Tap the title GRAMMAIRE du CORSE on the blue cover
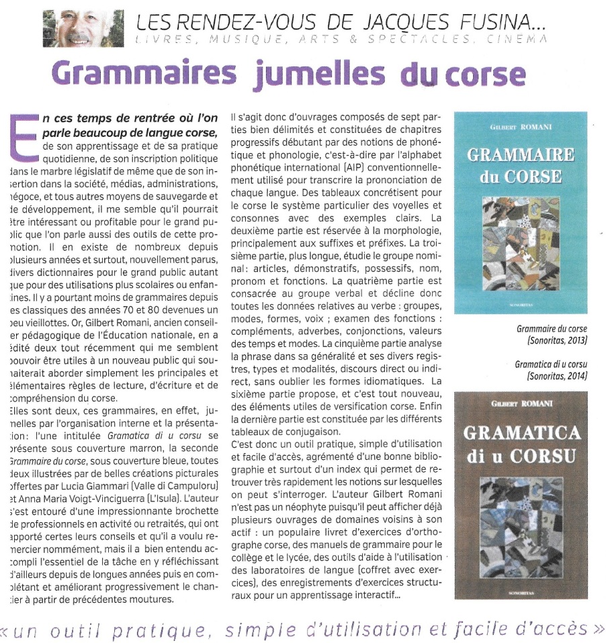(521, 166)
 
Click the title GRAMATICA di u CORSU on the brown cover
(521, 442)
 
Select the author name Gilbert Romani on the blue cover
(521, 126)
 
